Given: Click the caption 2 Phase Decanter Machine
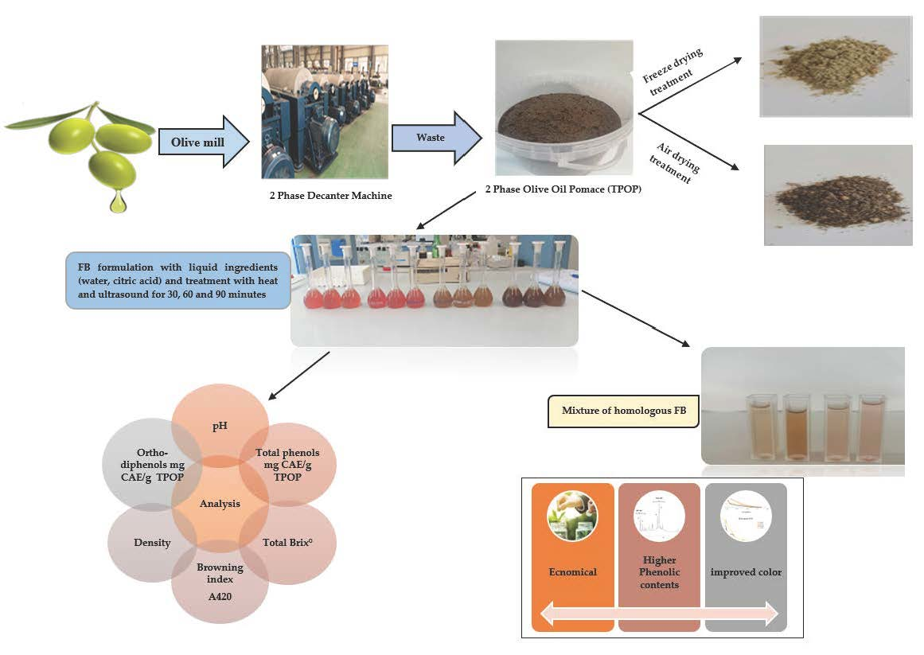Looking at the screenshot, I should [330, 196].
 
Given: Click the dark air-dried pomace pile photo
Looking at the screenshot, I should [837, 195].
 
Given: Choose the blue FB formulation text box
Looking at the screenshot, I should [177, 279].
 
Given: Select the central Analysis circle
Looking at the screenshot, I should [220, 503].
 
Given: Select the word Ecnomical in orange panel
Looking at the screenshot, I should [573, 572].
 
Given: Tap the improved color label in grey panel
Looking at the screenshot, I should [746, 572].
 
